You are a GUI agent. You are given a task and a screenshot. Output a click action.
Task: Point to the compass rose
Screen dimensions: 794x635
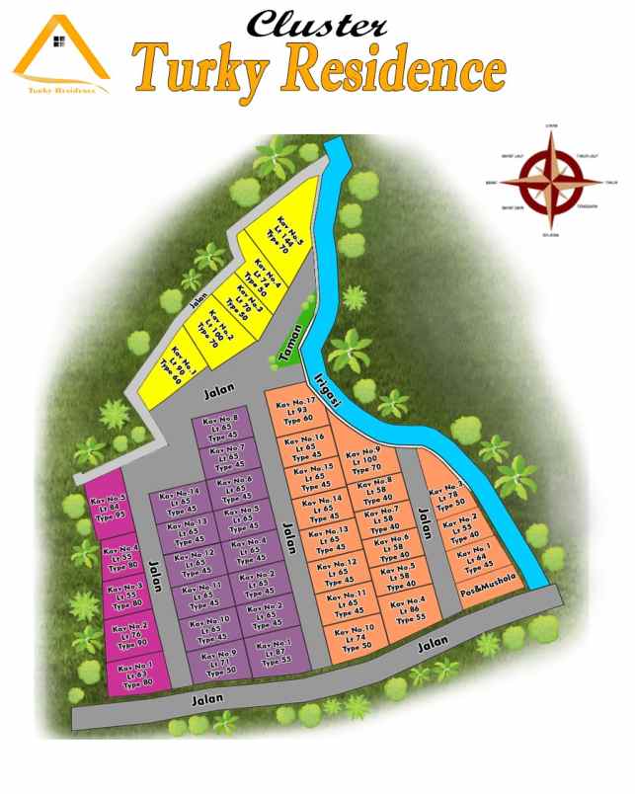(550, 182)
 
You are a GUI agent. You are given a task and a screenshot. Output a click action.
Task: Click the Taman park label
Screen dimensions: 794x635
(288, 341)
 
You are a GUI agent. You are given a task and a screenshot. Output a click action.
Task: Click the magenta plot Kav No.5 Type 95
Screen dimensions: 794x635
(109, 508)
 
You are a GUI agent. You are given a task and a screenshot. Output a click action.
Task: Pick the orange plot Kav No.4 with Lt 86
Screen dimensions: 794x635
(407, 608)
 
